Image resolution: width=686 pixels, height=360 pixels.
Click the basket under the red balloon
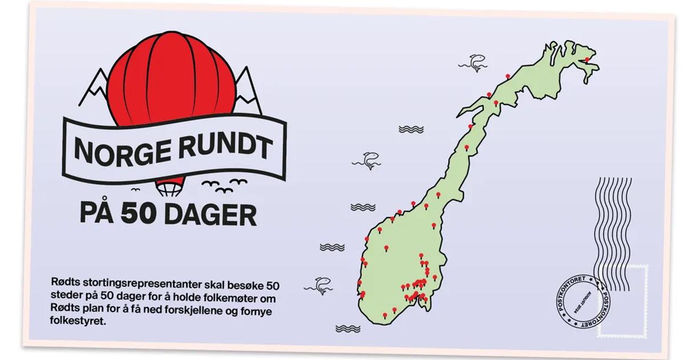(x=166, y=187)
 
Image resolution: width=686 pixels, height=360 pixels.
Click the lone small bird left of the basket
(x=135, y=189)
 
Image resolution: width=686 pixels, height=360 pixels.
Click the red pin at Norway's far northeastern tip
(x=587, y=59)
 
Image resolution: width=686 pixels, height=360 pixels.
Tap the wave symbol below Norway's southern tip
(x=348, y=329)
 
